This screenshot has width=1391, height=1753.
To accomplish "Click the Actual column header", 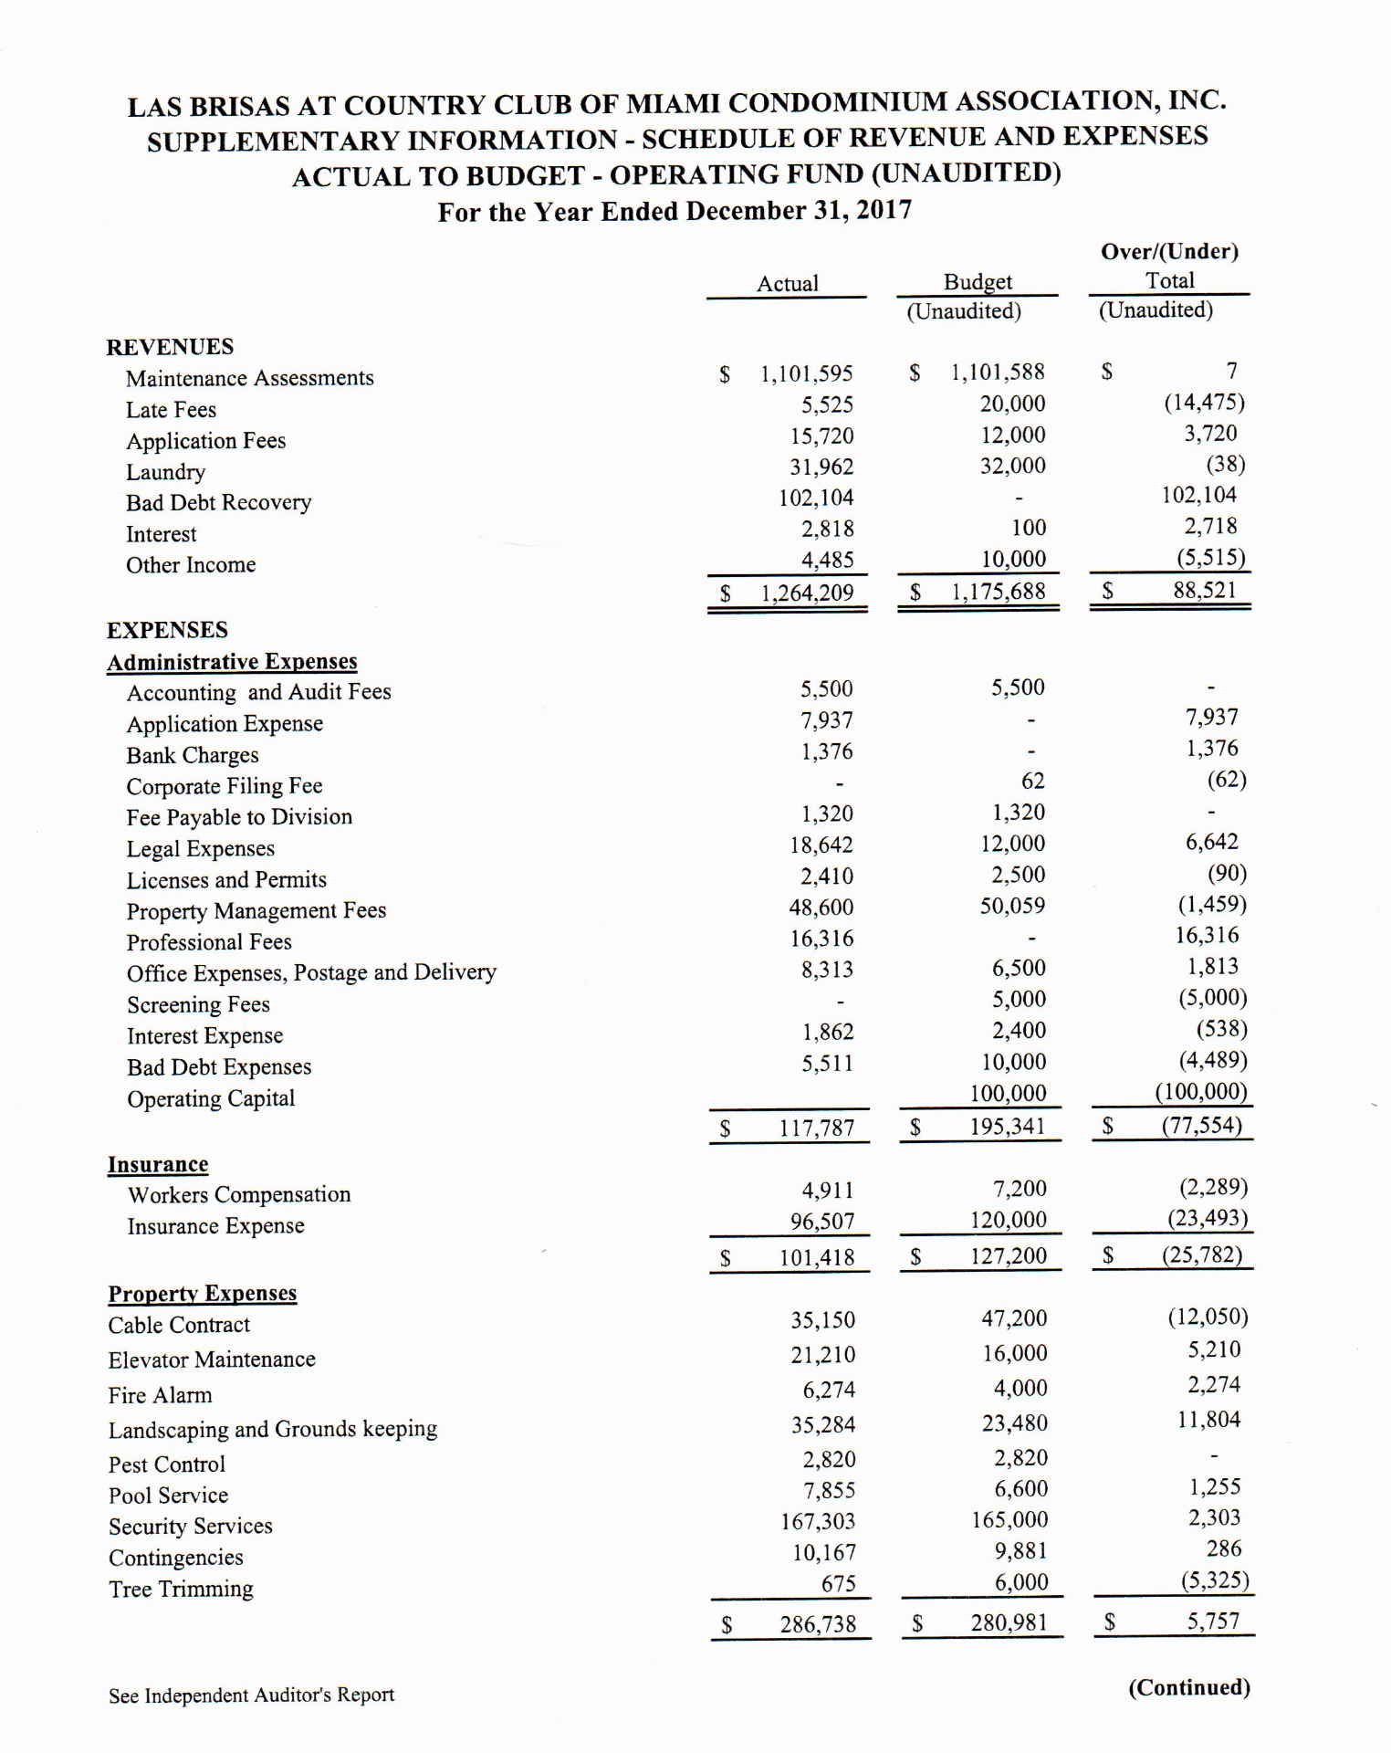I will (787, 283).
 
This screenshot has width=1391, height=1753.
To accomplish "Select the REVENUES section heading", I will (170, 347).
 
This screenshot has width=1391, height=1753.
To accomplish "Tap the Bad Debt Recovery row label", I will (218, 503).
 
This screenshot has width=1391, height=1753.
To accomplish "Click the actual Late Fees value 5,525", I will (827, 404).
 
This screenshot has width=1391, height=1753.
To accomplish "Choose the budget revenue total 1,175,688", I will (998, 592).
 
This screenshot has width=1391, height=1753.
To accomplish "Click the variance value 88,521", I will (1204, 590).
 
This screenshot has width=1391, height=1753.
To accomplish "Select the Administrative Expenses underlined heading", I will (232, 662).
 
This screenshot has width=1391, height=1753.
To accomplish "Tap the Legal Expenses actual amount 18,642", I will (821, 845).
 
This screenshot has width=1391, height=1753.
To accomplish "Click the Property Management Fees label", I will (256, 911).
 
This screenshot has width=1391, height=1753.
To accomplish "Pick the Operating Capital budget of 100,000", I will (1008, 1093).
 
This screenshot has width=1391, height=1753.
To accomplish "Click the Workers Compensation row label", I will (238, 1195).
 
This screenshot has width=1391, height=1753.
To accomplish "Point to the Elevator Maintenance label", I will (212, 1360).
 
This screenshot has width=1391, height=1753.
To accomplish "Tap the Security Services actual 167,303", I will (818, 1521).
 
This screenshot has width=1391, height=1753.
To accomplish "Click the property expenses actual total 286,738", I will (818, 1624).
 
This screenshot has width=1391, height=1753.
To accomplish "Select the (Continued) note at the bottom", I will (1188, 1687).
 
